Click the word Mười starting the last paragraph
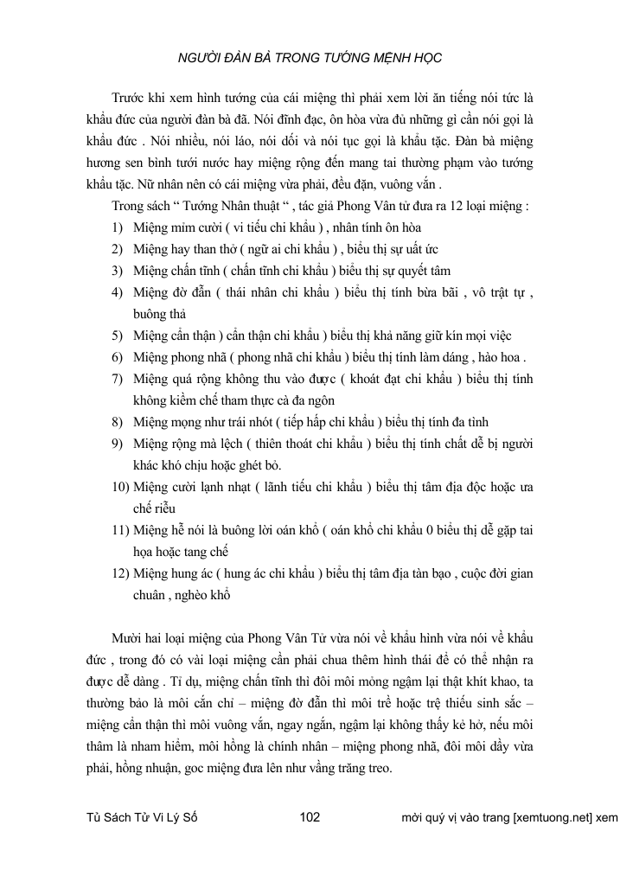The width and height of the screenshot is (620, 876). (x=129, y=635)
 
